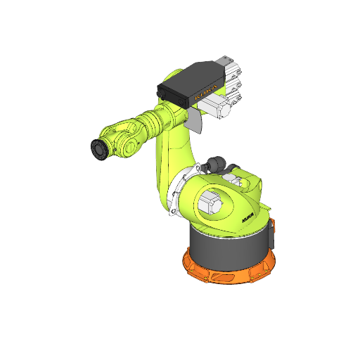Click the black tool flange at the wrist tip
coord(98,149)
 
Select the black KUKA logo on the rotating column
coord(249,218)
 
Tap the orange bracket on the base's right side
coord(274,236)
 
